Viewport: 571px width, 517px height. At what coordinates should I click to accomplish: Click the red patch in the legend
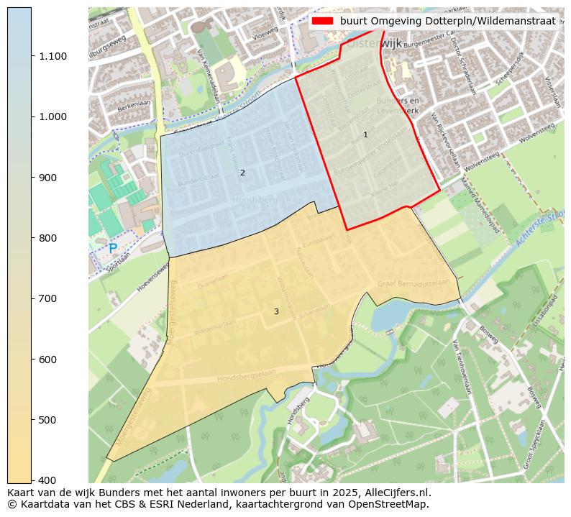[322, 22]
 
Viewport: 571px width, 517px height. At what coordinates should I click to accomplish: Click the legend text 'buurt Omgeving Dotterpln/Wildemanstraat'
[447, 22]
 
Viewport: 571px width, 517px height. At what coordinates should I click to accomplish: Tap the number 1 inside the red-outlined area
[365, 135]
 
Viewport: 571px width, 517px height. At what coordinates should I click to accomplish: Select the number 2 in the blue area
[242, 173]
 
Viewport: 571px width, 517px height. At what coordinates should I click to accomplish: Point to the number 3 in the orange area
[275, 312]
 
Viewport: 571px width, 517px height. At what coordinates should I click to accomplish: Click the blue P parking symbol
[113, 248]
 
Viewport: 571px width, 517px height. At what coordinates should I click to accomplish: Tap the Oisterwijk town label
[375, 43]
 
